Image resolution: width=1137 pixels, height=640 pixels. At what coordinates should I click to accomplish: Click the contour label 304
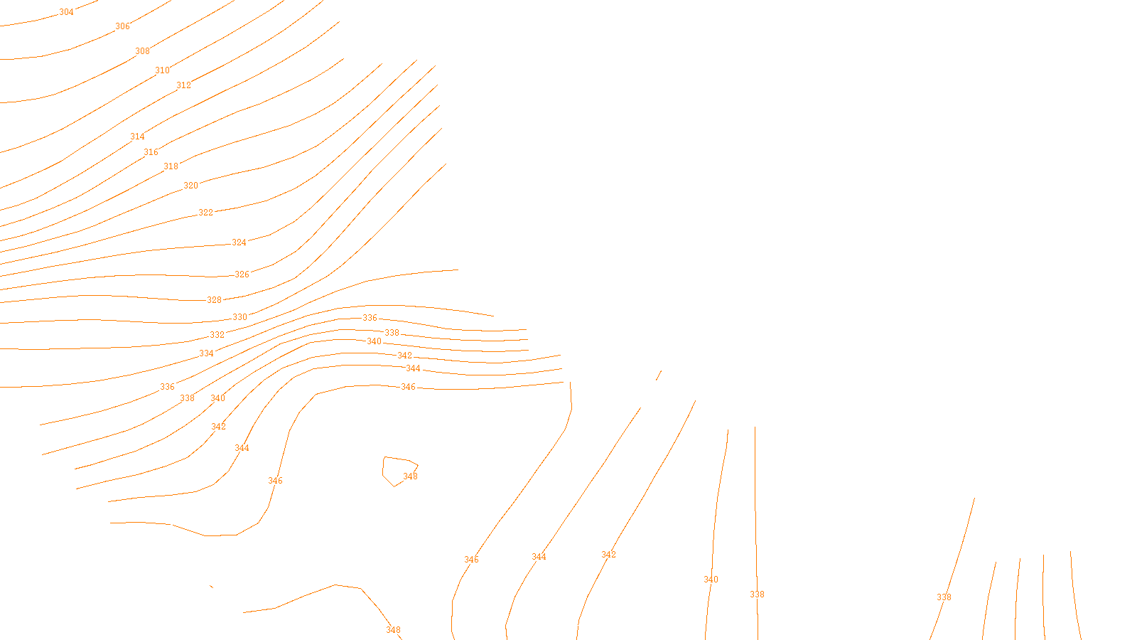66,12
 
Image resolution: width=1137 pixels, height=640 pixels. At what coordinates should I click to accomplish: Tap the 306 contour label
122,26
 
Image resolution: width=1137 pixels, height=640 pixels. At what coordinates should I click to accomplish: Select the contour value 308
142,51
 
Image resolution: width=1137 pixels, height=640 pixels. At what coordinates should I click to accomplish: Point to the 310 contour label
162,70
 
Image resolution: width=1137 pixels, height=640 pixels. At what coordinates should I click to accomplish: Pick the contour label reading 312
183,85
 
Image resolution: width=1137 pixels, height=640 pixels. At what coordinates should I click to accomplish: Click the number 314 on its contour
137,137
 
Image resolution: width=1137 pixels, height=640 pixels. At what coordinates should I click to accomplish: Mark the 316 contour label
151,152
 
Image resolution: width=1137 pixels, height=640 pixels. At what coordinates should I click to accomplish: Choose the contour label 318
171,166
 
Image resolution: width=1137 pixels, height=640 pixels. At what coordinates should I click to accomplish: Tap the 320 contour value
190,186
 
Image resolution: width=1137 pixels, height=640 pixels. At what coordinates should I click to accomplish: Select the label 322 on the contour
205,213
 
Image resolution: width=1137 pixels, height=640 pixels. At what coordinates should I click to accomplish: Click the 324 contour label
239,242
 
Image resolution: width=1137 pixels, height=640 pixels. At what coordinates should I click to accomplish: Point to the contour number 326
242,274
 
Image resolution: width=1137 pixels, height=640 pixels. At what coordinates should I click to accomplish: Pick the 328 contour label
214,300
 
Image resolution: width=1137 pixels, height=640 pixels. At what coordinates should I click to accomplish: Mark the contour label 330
239,317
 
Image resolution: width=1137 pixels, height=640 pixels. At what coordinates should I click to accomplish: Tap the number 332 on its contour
217,335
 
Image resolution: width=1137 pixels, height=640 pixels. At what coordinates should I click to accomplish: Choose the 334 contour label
206,353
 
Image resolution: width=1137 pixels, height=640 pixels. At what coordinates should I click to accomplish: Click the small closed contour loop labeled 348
398,469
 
